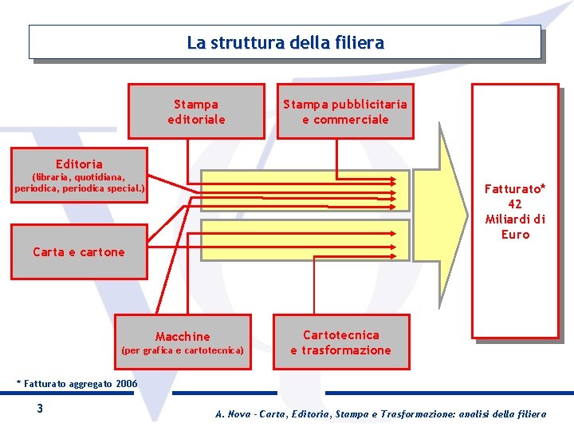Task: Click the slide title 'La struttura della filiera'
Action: (x=285, y=42)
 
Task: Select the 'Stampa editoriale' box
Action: (x=196, y=112)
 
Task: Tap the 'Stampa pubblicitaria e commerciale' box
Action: (x=344, y=112)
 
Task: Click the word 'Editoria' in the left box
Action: (x=79, y=164)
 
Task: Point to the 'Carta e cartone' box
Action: (x=79, y=252)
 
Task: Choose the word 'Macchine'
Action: (x=183, y=336)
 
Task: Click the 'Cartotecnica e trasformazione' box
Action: (x=340, y=342)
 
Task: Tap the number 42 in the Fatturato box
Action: (x=514, y=204)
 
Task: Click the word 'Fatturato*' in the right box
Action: (x=515, y=189)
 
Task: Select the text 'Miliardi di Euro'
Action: (x=515, y=227)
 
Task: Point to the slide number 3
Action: (x=39, y=409)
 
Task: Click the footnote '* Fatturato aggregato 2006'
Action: (x=77, y=384)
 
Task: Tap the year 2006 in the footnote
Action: (x=126, y=384)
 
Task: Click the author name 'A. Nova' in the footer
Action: (x=231, y=413)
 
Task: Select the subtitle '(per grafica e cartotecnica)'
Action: (x=182, y=350)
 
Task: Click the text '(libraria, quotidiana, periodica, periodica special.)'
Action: (x=79, y=183)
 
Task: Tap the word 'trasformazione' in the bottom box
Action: (x=347, y=350)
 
